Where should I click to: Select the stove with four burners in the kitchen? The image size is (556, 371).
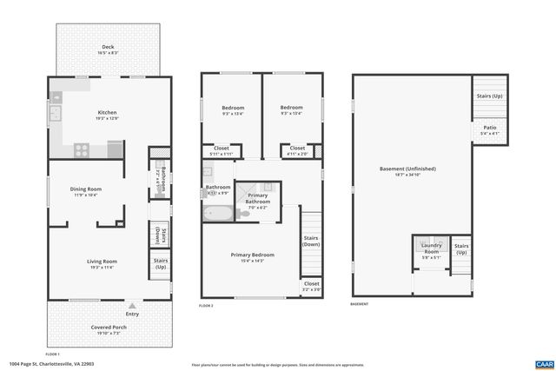[81, 149]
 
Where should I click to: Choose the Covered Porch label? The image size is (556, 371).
[109, 329]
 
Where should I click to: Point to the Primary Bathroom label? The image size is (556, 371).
[258, 199]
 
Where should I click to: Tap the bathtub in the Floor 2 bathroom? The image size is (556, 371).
[218, 212]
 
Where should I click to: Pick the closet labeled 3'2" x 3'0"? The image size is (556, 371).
[311, 286]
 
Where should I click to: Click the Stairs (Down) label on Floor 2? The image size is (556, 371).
[310, 241]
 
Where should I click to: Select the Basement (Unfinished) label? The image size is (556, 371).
[407, 170]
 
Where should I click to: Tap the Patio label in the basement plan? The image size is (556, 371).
[490, 130]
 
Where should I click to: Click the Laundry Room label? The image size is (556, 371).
[432, 254]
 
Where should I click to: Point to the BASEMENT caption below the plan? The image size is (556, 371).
[359, 304]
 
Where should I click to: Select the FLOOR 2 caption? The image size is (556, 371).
[206, 306]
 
